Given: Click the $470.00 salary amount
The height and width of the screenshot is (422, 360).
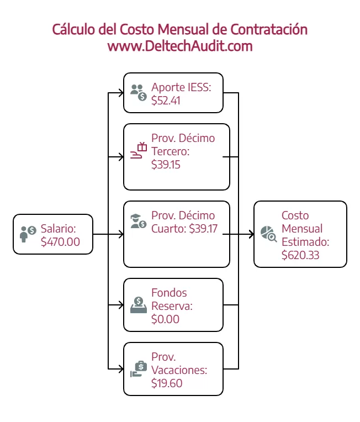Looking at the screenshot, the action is (60, 242).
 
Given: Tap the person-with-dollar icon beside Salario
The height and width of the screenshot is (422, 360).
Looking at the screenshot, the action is (28, 234).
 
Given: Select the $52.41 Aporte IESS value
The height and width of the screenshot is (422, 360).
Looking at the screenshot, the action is (166, 101).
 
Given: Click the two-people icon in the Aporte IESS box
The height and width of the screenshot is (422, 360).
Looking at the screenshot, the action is (138, 93).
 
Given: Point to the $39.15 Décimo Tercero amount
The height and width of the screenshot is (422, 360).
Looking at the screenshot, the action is (166, 165).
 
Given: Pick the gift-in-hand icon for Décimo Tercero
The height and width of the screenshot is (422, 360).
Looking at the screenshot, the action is (138, 150).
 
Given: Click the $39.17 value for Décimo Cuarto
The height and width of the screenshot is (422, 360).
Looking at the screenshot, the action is (203, 229).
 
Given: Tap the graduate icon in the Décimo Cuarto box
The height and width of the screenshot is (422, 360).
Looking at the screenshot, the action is (138, 221).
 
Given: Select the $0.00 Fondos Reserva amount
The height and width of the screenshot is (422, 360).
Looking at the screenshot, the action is (165, 319).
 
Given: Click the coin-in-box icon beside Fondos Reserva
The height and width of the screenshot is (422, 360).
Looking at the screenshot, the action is (138, 305).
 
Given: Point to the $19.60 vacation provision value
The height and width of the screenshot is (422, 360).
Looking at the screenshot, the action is (167, 383).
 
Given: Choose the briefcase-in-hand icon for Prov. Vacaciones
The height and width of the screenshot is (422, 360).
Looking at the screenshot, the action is (138, 369).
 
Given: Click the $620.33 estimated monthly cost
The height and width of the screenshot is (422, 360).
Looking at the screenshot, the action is (300, 255).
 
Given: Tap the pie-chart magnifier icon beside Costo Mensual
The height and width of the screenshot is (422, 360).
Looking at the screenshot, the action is (268, 234).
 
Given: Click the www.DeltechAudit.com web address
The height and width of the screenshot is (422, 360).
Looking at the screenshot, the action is (180, 46).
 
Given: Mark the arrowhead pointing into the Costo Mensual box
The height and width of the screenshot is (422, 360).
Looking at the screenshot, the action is (252, 234).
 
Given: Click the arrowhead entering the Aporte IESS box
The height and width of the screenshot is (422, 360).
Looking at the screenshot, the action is (121, 93).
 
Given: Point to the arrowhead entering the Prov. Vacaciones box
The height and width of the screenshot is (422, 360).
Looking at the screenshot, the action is (121, 369).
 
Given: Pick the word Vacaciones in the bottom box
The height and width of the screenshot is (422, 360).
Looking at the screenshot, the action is (179, 370).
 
